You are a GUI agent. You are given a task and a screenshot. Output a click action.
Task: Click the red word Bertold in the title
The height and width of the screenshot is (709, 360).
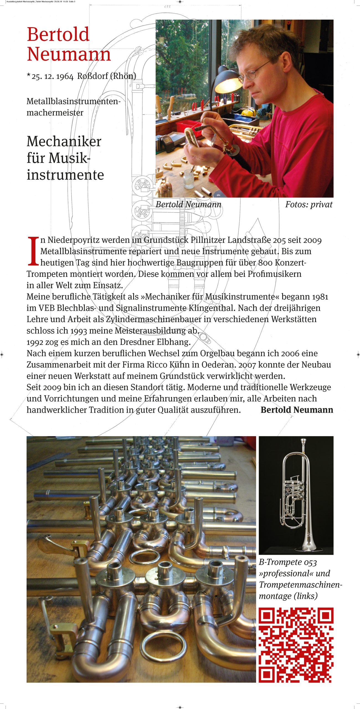click(x=58, y=34)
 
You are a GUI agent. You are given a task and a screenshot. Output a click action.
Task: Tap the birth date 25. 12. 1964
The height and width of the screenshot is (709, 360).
click(x=53, y=76)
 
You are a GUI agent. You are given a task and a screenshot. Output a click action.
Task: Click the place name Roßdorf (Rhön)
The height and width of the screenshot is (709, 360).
click(x=107, y=76)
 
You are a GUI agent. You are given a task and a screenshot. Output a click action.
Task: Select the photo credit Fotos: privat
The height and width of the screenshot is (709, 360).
click(x=308, y=204)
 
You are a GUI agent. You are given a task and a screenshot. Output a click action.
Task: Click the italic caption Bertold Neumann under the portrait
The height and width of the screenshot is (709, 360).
click(x=188, y=204)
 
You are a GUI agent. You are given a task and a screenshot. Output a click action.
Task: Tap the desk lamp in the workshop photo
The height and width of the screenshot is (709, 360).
click(x=227, y=80)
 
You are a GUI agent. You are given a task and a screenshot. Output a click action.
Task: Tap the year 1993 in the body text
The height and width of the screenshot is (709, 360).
click(x=79, y=331)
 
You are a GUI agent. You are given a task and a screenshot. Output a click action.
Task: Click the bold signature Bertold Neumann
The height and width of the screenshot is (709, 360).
click(x=297, y=410)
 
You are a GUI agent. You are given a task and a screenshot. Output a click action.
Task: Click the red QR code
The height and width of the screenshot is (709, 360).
click(x=296, y=645)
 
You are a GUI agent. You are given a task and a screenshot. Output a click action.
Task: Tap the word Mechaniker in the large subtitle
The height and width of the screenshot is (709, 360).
click(x=64, y=142)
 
